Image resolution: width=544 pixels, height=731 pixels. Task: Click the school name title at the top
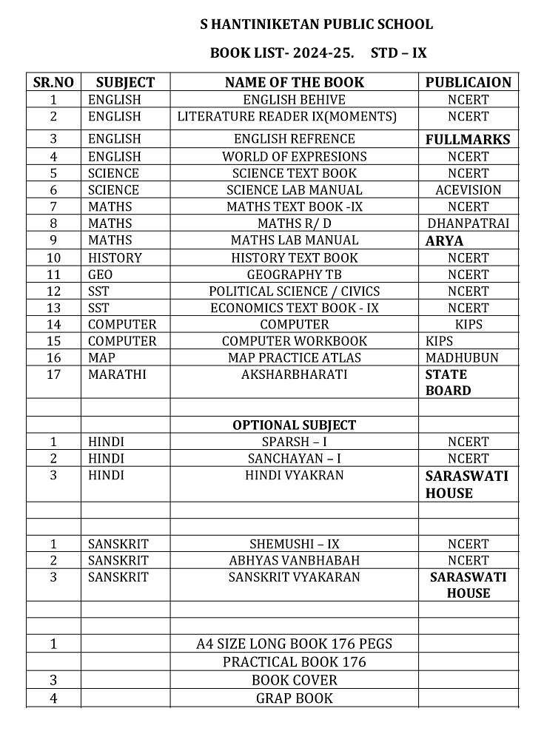(316, 24)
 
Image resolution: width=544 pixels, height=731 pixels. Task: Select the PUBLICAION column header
(468, 82)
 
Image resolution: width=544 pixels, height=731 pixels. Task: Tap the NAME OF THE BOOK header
(294, 82)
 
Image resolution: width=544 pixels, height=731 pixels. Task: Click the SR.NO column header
(53, 82)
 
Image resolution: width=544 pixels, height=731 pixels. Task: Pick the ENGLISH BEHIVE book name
(294, 100)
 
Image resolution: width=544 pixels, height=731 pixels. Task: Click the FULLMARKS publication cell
(468, 139)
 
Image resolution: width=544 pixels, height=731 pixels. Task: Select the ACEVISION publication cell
(468, 190)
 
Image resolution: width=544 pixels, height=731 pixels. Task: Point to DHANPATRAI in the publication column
(468, 223)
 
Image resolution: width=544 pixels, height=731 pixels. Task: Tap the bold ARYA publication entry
(444, 241)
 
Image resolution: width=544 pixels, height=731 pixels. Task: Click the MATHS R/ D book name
(294, 223)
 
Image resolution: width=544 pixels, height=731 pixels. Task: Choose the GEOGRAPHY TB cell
(294, 274)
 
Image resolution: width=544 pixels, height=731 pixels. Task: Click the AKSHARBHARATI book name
(294, 374)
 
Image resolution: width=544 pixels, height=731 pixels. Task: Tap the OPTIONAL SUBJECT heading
(294, 425)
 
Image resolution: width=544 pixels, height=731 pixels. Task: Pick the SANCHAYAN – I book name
(294, 459)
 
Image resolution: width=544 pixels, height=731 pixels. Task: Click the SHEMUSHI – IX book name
(294, 544)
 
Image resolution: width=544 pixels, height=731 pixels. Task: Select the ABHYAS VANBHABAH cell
(294, 561)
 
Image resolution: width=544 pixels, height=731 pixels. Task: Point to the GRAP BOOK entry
(294, 698)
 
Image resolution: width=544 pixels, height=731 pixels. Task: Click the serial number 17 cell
(53, 374)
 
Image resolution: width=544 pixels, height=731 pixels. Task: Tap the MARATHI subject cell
(117, 374)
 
